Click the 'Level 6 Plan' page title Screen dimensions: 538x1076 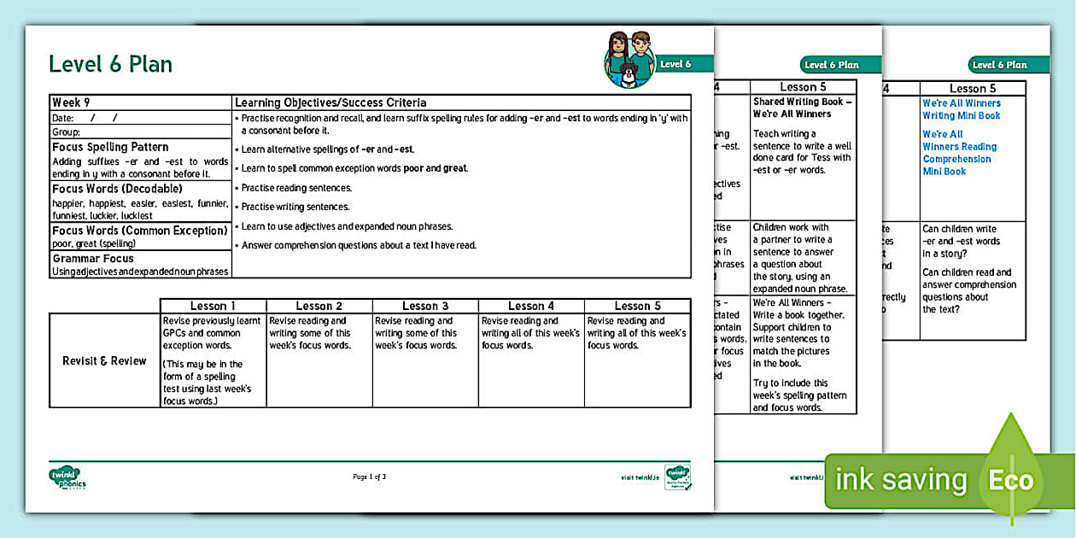[x=110, y=64]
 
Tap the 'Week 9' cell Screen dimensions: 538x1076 [x=72, y=102]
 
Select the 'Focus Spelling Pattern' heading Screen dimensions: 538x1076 [x=110, y=147]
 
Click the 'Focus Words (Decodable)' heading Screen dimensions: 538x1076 [x=117, y=189]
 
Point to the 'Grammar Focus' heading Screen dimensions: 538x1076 [x=93, y=259]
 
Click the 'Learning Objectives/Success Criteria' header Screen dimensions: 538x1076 [x=330, y=102]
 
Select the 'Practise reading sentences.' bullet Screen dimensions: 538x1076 [x=296, y=188]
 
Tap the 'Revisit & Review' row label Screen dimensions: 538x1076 [x=104, y=360]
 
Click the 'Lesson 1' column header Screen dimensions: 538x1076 [x=213, y=306]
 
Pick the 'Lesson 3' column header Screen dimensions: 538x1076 [x=425, y=306]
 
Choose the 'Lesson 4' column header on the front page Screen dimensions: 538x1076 [x=531, y=306]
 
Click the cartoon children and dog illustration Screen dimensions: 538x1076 [x=629, y=59]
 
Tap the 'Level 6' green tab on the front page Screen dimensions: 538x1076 [x=675, y=64]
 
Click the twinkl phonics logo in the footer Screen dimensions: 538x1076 [x=67, y=477]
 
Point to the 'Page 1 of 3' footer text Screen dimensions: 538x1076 [x=370, y=477]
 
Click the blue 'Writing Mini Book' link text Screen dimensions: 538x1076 [x=961, y=115]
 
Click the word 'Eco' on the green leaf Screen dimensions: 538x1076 [x=1011, y=480]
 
